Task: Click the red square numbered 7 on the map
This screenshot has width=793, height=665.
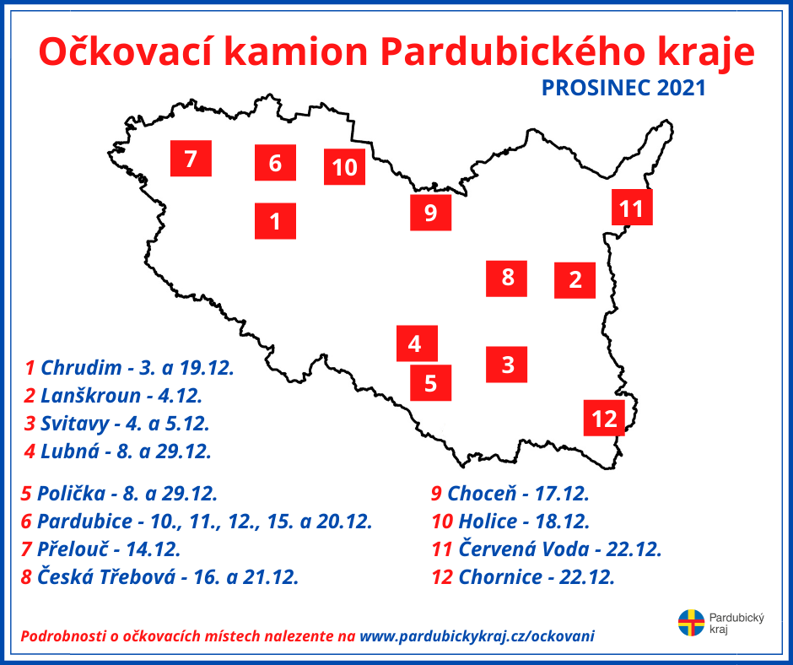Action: click(191, 159)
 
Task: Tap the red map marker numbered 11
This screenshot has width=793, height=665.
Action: click(632, 207)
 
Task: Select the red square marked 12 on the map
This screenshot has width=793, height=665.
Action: click(604, 418)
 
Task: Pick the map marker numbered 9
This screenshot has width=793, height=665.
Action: click(431, 213)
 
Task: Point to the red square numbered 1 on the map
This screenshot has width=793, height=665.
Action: click(275, 221)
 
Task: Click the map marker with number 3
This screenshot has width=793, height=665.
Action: click(507, 365)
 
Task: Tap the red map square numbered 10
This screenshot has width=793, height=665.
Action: click(344, 167)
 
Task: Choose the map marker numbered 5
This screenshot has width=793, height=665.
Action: click(431, 383)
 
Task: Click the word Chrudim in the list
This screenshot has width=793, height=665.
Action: click(82, 368)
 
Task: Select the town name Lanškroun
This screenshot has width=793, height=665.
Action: click(90, 396)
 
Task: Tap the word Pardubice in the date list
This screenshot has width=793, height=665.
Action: click(85, 522)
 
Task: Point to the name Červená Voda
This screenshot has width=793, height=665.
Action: click(524, 549)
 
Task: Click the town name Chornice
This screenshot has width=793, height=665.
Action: click(500, 577)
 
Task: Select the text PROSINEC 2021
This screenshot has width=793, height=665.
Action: click(623, 88)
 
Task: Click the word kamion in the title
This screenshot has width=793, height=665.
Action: click(295, 51)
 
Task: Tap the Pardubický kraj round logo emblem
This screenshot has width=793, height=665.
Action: click(691, 623)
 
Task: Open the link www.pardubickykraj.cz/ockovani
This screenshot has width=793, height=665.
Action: click(477, 636)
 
